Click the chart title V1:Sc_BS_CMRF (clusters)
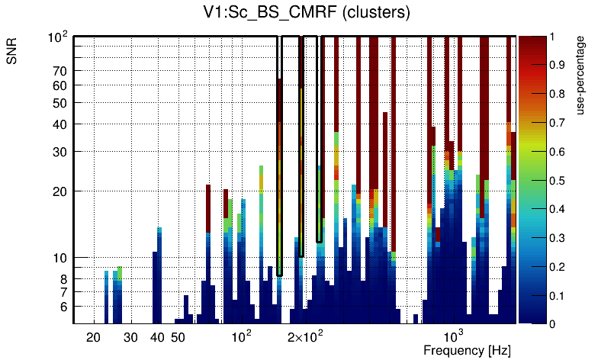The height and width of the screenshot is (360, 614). pyautogui.click(x=303, y=13)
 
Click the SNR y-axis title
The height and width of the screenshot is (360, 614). pyautogui.click(x=13, y=53)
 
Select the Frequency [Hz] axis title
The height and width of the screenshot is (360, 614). pyautogui.click(x=467, y=350)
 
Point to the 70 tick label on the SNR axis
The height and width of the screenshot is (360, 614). pyautogui.click(x=61, y=71)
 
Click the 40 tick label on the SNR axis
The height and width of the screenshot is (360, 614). pyautogui.click(x=61, y=124)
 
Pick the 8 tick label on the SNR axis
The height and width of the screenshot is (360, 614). pyautogui.click(x=64, y=279)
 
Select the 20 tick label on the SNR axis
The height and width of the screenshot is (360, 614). pyautogui.click(x=61, y=191)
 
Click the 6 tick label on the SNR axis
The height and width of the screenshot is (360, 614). pyautogui.click(x=64, y=307)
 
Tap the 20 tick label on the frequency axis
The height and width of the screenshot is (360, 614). pyautogui.click(x=93, y=336)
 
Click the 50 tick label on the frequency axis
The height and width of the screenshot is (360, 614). pyautogui.click(x=178, y=336)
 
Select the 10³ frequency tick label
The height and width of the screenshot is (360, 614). pyautogui.click(x=453, y=336)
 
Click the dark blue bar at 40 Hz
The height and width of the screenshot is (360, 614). pyautogui.click(x=158, y=282)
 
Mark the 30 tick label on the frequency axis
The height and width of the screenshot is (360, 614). pyautogui.click(x=130, y=336)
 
